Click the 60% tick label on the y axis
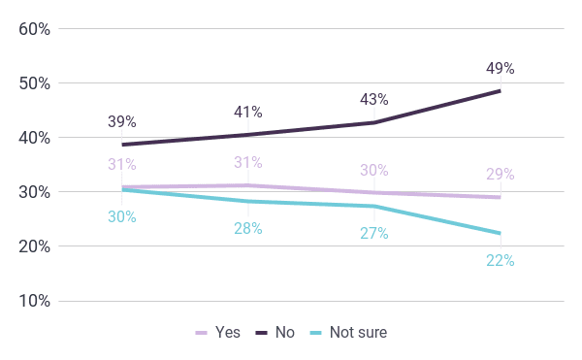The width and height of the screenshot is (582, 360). pyautogui.click(x=35, y=29)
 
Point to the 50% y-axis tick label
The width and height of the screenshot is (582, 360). pyautogui.click(x=35, y=83)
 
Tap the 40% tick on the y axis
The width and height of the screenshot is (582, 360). pyautogui.click(x=35, y=138)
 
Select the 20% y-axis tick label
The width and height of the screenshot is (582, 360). pyautogui.click(x=35, y=246)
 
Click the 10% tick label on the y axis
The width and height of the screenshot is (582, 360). pyautogui.click(x=35, y=301)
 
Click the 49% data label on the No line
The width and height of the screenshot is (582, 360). pyautogui.click(x=501, y=68)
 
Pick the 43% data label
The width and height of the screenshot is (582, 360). pyautogui.click(x=374, y=100)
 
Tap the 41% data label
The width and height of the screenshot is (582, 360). pyautogui.click(x=248, y=112)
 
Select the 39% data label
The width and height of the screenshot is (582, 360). pyautogui.click(x=122, y=121)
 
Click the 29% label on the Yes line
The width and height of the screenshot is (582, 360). pyautogui.click(x=501, y=174)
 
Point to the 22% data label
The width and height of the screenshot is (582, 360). pyautogui.click(x=501, y=261)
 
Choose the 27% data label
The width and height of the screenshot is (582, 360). pyautogui.click(x=374, y=234)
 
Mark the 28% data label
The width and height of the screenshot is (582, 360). pyautogui.click(x=248, y=229)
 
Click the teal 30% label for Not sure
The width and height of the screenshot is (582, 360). pyautogui.click(x=122, y=216)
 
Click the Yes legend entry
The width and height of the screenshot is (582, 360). pyautogui.click(x=218, y=333)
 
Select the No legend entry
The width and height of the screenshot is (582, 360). pyautogui.click(x=275, y=333)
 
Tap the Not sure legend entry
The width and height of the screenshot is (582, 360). pyautogui.click(x=348, y=333)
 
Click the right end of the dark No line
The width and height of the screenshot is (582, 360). pyautogui.click(x=501, y=91)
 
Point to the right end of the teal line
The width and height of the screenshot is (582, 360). pyautogui.click(x=501, y=234)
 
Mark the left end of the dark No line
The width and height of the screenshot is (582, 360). pyautogui.click(x=122, y=145)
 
